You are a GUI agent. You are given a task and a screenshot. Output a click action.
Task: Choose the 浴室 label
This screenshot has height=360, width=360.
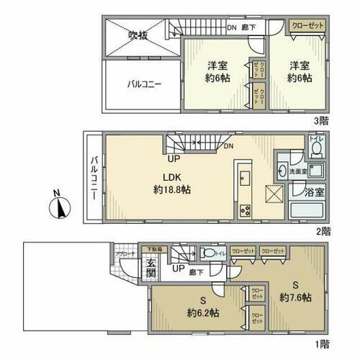coord(315,193)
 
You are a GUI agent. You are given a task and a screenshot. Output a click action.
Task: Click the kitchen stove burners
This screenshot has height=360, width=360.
coord(245,211)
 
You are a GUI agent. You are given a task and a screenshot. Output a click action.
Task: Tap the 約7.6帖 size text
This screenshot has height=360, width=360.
coord(296,297)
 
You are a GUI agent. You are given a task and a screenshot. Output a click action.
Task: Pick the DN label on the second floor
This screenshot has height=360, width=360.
coord(228,145)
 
